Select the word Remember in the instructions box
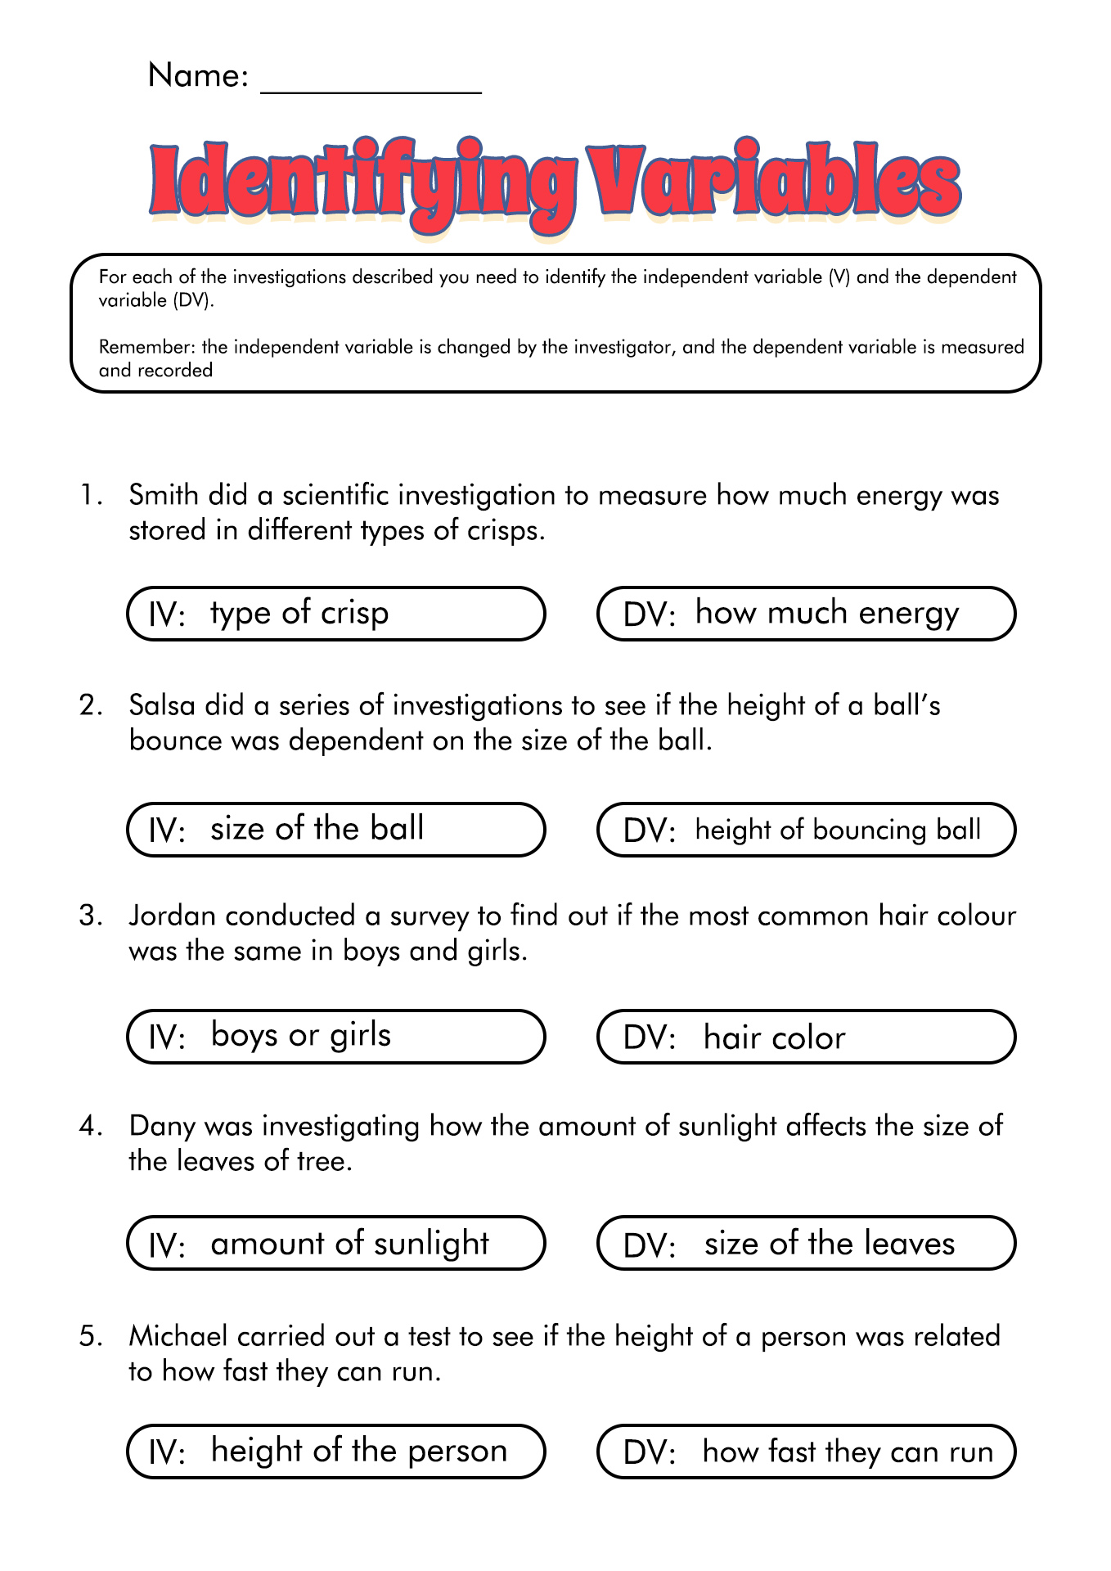pos(145,347)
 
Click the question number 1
pos(90,496)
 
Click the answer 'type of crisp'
pos(299,613)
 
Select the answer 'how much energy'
pos(826,613)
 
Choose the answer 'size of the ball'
pos(317,829)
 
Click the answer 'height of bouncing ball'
pos(838,830)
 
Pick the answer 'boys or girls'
pos(301,1036)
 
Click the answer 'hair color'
pos(774,1038)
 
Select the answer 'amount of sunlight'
pos(349,1244)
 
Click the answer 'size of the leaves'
pos(830,1244)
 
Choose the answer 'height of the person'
pos(359,1451)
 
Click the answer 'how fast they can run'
pos(848,1452)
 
